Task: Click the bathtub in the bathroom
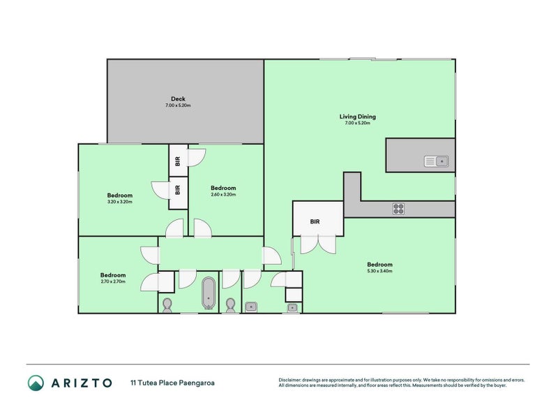pyautogui.click(x=209, y=294)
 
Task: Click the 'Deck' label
pyautogui.click(x=178, y=98)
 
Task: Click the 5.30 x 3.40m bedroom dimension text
pyautogui.click(x=380, y=272)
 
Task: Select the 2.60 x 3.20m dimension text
pyautogui.click(x=223, y=195)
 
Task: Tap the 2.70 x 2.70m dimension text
pyautogui.click(x=112, y=282)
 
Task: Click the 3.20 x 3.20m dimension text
pyautogui.click(x=119, y=202)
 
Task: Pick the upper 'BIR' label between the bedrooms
pyautogui.click(x=179, y=161)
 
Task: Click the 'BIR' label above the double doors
pyautogui.click(x=315, y=221)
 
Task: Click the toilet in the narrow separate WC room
pyautogui.click(x=231, y=305)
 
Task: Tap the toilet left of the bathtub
pyautogui.click(x=167, y=305)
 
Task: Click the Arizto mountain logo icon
pyautogui.click(x=36, y=382)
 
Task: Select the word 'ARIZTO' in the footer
pyautogui.click(x=80, y=382)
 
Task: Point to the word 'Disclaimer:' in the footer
pyautogui.click(x=292, y=379)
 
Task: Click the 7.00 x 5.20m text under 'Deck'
pyautogui.click(x=178, y=105)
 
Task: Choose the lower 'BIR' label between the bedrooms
pyautogui.click(x=179, y=189)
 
